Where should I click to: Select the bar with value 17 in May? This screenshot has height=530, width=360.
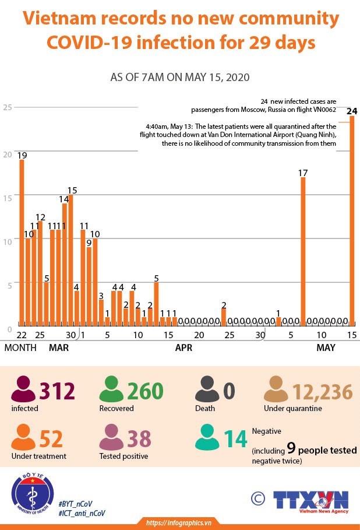point(303,251)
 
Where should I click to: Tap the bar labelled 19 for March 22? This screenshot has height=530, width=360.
point(22,242)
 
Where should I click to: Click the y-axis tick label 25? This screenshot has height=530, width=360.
point(7,107)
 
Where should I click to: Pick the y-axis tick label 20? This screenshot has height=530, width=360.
point(7,154)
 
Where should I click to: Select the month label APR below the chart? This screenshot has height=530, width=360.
point(183,348)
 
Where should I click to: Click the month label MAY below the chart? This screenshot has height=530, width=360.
point(326,348)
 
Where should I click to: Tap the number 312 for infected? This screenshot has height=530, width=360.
point(58,391)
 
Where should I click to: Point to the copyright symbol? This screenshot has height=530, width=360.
point(257,499)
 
